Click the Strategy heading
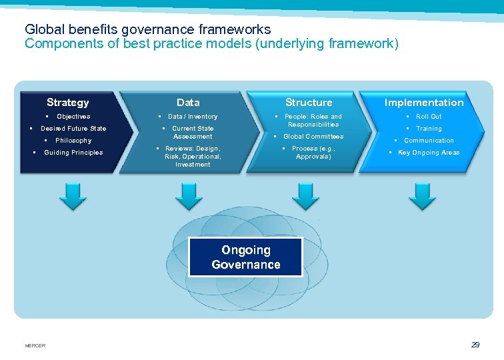(67, 103)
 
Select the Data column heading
(188, 103)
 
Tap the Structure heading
(309, 103)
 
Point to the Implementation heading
(424, 103)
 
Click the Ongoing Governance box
(245, 257)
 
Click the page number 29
(475, 345)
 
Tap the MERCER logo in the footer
(35, 345)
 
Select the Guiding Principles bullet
(73, 153)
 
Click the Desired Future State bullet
(73, 129)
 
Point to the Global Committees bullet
(313, 137)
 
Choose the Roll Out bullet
(429, 117)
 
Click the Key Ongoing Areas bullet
(428, 153)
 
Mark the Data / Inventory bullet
(193, 117)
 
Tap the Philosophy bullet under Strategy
(73, 141)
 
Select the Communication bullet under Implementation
(429, 141)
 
